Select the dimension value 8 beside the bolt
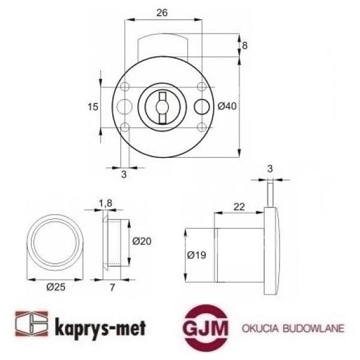[244, 46]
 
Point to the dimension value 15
[92, 107]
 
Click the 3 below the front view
[124, 175]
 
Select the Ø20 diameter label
[141, 241]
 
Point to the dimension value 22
[239, 206]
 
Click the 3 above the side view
[270, 169]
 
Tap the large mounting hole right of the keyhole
[203, 106]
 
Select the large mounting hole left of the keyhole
[125, 106]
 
